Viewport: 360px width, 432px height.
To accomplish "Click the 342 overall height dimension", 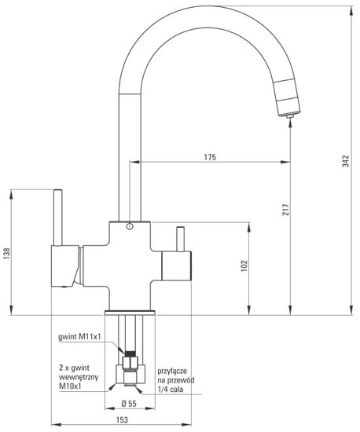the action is (345, 161).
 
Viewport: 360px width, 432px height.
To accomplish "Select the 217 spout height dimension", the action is (286, 210).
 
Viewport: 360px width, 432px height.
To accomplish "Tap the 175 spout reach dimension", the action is (210, 157).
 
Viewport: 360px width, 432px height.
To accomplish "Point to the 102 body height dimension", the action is (244, 265).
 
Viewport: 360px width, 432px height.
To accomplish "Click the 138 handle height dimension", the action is (6, 253).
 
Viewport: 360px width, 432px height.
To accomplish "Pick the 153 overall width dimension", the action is (122, 420).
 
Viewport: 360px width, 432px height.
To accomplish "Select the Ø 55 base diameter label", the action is (129, 404).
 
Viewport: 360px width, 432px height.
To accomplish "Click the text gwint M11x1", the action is (80, 337).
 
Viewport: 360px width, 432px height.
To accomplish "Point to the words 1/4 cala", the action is (171, 389).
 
